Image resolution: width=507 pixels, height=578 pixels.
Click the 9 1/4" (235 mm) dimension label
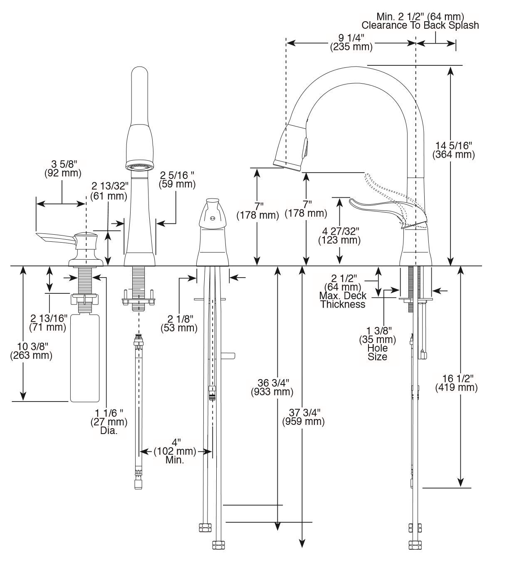pyautogui.click(x=351, y=42)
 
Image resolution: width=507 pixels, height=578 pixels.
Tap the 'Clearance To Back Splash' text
pyautogui.click(x=420, y=25)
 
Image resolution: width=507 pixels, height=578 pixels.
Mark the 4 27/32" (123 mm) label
pyautogui.click(x=339, y=236)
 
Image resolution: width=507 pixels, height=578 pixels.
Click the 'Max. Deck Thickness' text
pyautogui.click(x=343, y=300)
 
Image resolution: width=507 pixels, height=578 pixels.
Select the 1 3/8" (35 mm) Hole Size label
pyautogui.click(x=377, y=344)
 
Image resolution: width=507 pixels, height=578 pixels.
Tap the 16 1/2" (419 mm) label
pyautogui.click(x=456, y=383)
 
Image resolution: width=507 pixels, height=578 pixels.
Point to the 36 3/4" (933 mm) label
pyautogui.click(x=272, y=387)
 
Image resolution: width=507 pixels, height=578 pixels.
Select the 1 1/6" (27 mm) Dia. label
pyautogui.click(x=109, y=421)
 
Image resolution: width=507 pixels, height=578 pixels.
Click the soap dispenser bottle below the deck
pyautogui.click(x=85, y=358)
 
